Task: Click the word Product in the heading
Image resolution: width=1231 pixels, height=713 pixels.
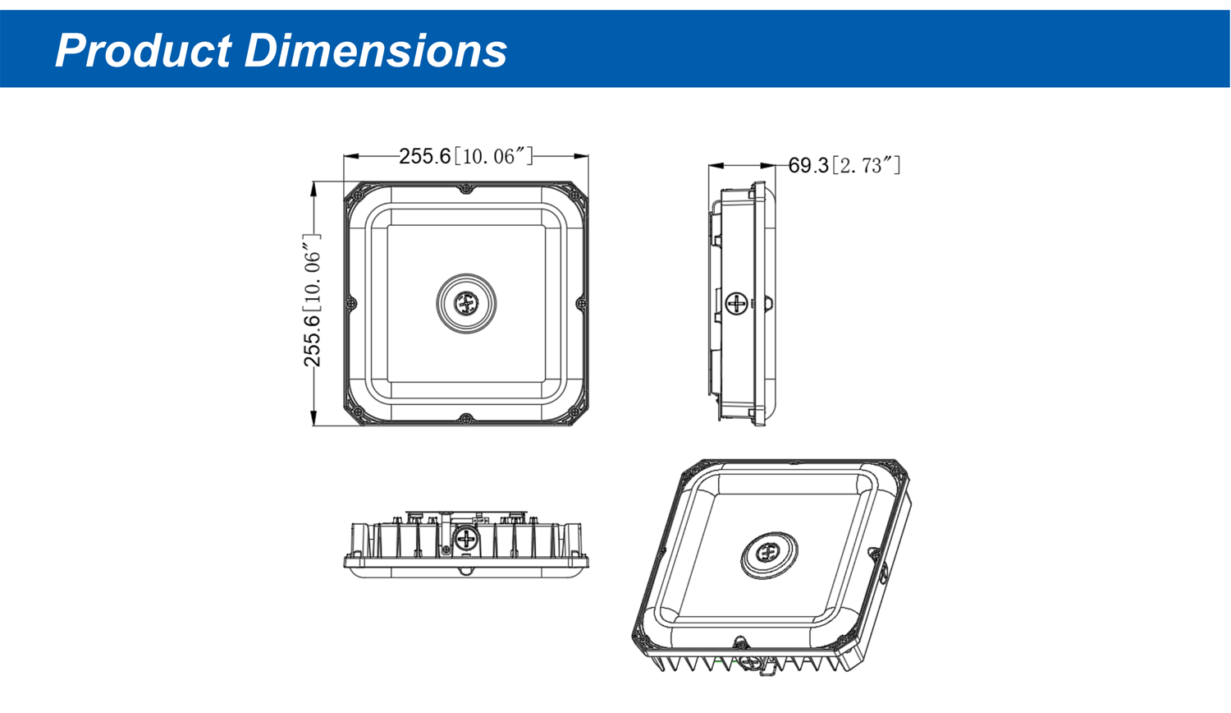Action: pos(143,50)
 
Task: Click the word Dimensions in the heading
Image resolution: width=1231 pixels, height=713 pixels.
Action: pos(375,50)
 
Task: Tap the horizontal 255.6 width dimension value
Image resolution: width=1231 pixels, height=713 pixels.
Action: pos(424,156)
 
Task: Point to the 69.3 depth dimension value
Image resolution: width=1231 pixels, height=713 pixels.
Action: pos(808,166)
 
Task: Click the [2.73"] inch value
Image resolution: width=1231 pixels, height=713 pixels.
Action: pos(867,166)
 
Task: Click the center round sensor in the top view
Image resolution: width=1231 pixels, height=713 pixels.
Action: pos(466,304)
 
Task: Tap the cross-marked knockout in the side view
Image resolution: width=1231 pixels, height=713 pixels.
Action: pos(737,304)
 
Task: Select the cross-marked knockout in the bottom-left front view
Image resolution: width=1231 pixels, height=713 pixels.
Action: pos(466,540)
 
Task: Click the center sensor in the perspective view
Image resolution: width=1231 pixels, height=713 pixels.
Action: pos(768,553)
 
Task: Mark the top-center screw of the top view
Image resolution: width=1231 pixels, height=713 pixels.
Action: pos(466,189)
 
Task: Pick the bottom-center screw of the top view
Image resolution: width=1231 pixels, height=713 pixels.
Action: pos(466,419)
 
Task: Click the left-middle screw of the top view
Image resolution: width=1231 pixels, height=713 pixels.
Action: pos(351,304)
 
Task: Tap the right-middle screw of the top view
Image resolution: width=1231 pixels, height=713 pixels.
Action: pos(581,304)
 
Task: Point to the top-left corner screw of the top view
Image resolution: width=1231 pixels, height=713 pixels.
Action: pos(358,195)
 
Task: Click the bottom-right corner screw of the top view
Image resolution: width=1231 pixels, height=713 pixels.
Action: pos(574,412)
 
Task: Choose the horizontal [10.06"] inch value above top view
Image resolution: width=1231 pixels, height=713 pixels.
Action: pos(494,156)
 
